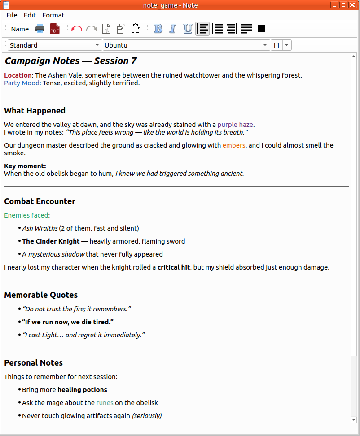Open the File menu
[x=12, y=15]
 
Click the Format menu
[x=53, y=15]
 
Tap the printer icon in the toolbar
[x=40, y=29]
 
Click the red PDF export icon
[x=55, y=29]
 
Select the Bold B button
[x=158, y=29]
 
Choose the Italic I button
[x=172, y=29]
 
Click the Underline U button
[x=188, y=29]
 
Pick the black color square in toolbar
[x=262, y=29]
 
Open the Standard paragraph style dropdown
[x=54, y=45]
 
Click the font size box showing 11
[x=276, y=45]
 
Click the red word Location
[x=18, y=75]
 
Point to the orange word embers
[x=234, y=145]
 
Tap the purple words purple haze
[x=236, y=125]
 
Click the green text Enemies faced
[x=26, y=215]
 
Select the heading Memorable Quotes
[x=41, y=295]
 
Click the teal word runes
[x=105, y=403]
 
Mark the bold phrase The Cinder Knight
[x=51, y=241]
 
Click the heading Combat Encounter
[x=40, y=201]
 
